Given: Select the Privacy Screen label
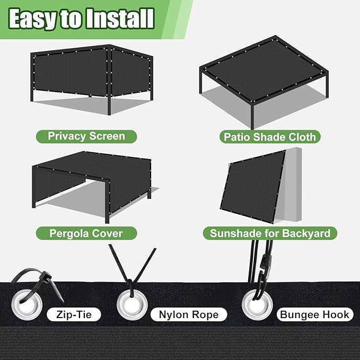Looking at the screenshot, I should click(x=86, y=136).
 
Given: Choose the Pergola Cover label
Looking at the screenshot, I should click(x=86, y=233).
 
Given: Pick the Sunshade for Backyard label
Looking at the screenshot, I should click(x=270, y=233).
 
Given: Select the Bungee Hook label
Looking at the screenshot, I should click(x=315, y=314).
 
